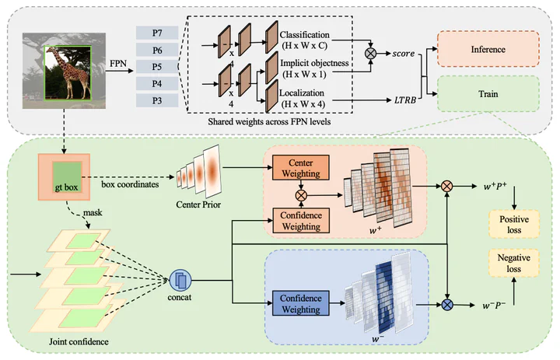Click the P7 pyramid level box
tap(156, 32)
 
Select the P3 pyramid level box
tap(156, 100)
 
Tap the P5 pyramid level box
tap(156, 66)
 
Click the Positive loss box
tap(513, 224)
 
